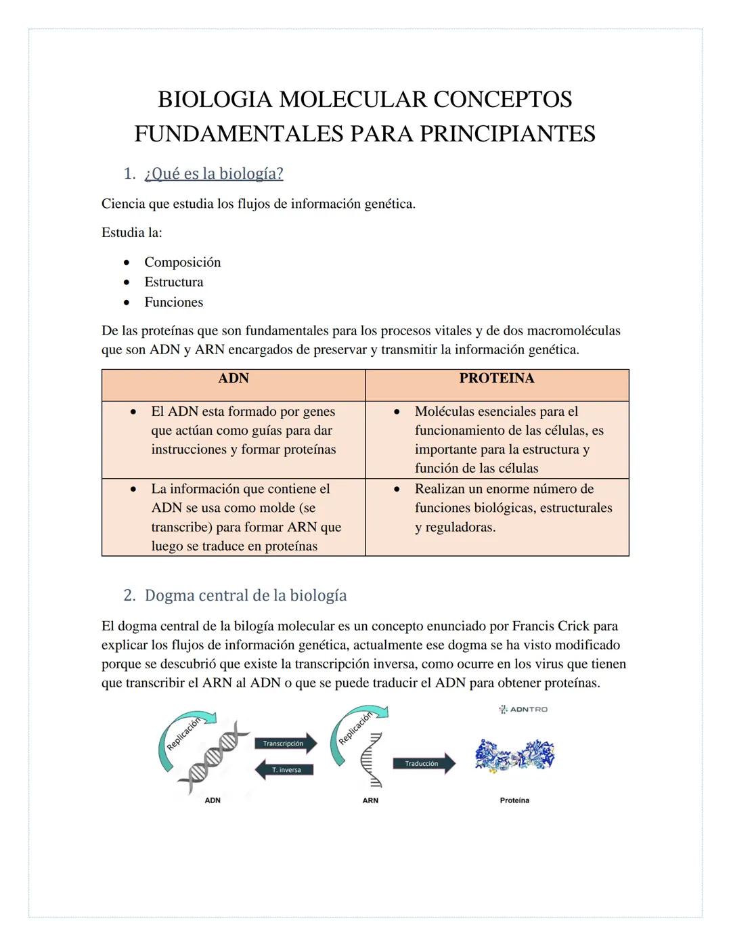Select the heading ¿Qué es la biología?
click(213, 174)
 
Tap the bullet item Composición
click(182, 262)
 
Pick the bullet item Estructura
click(173, 282)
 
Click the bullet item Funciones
click(173, 302)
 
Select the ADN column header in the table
click(234, 379)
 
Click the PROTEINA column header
click(497, 379)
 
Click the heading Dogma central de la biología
click(245, 595)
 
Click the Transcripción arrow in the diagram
click(285, 744)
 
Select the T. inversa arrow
click(285, 770)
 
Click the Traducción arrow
click(423, 764)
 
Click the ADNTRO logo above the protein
click(523, 709)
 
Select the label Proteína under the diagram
click(514, 800)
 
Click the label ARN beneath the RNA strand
click(370, 800)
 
